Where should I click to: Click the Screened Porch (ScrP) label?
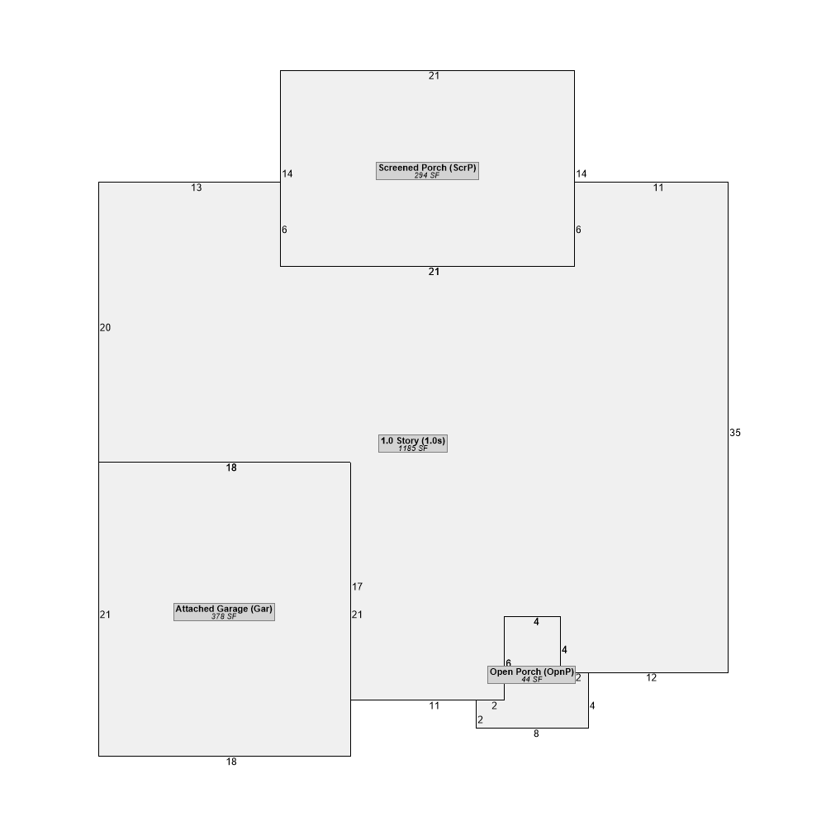[427, 168]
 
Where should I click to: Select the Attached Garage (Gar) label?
[224, 609]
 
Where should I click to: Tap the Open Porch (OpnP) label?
[531, 672]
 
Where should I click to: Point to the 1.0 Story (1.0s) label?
[413, 440]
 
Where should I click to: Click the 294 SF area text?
[427, 175]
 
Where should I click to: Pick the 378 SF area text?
[224, 616]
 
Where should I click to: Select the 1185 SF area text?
[413, 449]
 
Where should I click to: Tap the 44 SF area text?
[531, 680]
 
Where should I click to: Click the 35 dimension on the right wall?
[735, 433]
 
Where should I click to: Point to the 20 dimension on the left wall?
[106, 328]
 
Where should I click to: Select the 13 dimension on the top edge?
[197, 188]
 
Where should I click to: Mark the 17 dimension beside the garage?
[357, 586]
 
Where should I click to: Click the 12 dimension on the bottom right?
[652, 678]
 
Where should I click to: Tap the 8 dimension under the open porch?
[536, 733]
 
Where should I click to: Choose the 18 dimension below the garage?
[231, 762]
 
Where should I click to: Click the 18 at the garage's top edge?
[231, 468]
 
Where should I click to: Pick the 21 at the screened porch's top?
[434, 76]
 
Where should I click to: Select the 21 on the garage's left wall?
[106, 615]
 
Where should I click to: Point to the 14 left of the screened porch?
[287, 173]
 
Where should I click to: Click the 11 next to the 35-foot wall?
[658, 188]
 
